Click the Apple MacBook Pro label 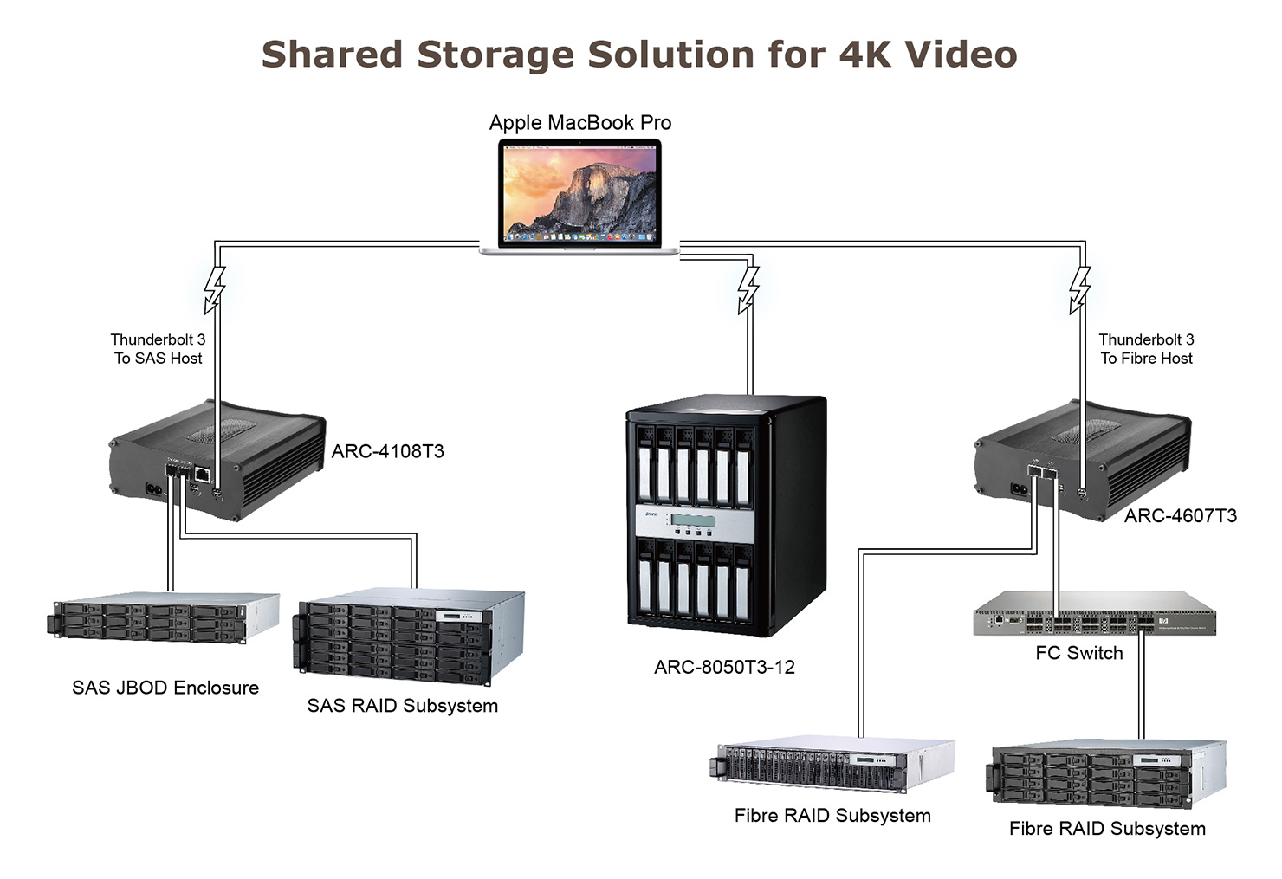click(580, 123)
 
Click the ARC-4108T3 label click(387, 451)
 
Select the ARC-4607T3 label click(1180, 516)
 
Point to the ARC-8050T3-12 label click(724, 668)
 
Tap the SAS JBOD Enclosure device click(162, 618)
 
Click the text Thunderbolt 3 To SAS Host click(158, 349)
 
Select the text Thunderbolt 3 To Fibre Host click(1146, 349)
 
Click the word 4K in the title click(866, 55)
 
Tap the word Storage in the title click(497, 55)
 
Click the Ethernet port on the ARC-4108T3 click(202, 474)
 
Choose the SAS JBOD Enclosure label click(165, 688)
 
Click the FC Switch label click(1078, 654)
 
